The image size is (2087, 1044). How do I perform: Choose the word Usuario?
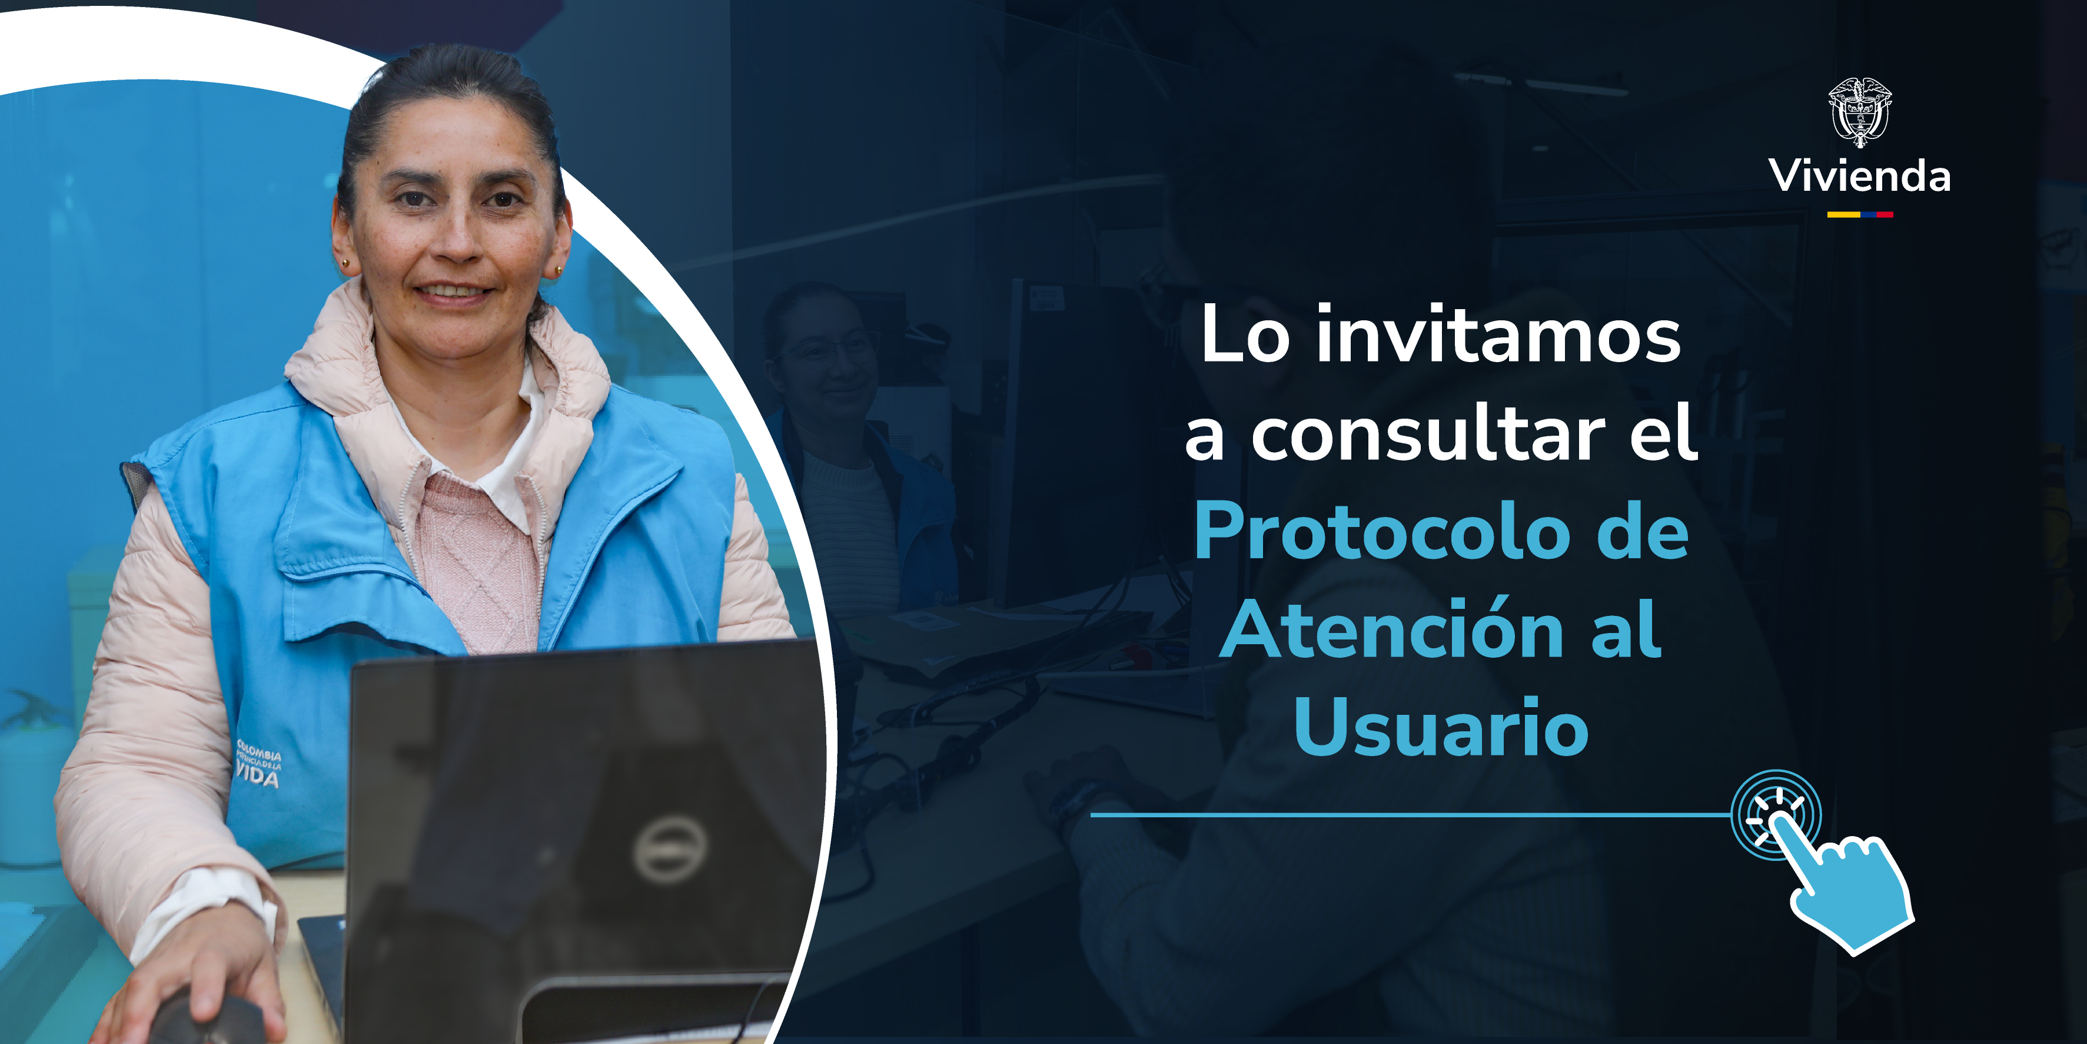tap(1441, 728)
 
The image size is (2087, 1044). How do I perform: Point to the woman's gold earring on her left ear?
tap(558, 270)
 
